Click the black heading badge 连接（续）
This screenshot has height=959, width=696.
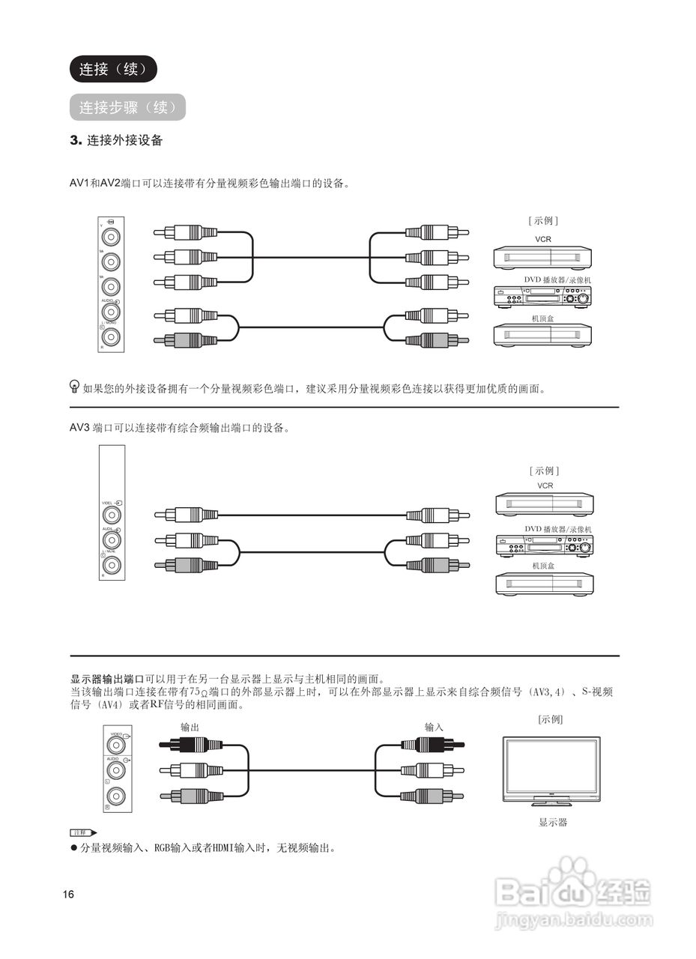pos(113,69)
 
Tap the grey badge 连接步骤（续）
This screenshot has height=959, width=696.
pos(127,107)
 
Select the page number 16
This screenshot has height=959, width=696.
pos(69,895)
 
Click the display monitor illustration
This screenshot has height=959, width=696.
pos(551,770)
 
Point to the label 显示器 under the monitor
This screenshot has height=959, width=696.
pos(553,822)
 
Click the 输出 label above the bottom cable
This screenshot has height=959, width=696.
pos(190,727)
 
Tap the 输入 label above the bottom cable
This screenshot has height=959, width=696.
pos(434,727)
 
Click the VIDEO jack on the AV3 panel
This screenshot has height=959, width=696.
pos(112,515)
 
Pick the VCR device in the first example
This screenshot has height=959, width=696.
pos(542,258)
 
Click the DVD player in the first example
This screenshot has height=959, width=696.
pos(542,297)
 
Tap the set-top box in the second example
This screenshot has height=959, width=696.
pos(544,584)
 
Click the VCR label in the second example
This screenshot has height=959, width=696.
pos(545,485)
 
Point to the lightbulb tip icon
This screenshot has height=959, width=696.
pos(74,387)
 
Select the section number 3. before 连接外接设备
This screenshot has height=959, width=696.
pos(75,140)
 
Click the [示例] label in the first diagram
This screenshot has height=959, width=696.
pos(543,220)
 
